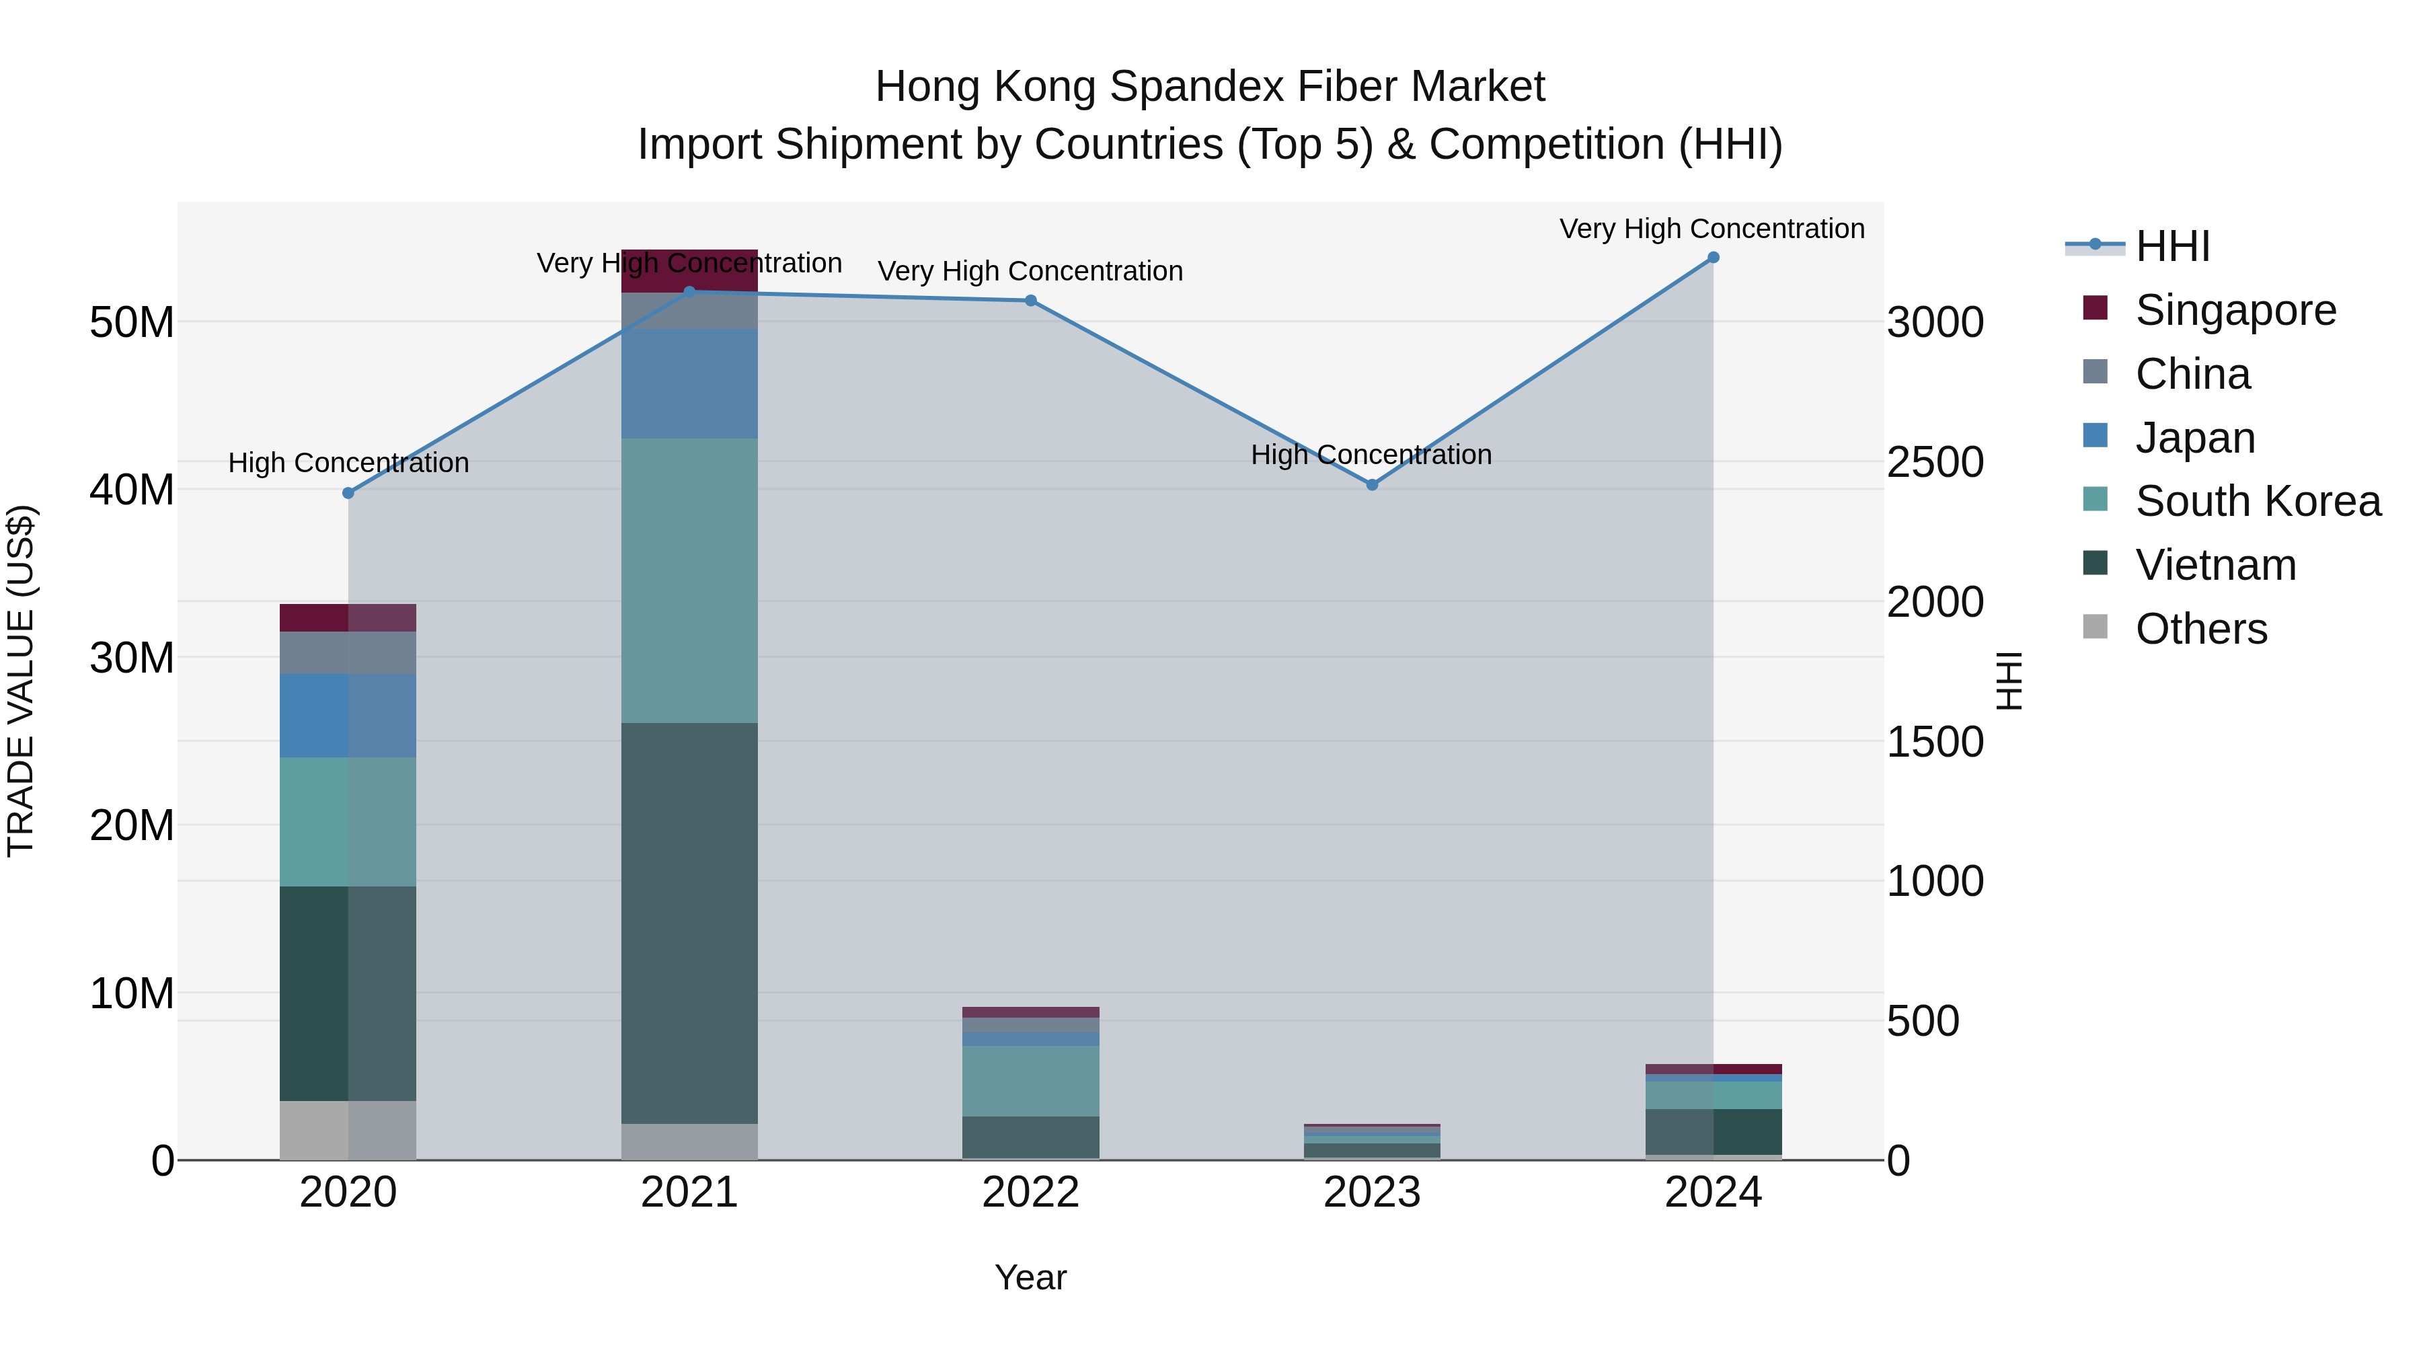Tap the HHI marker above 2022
click(x=1030, y=301)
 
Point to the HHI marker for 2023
click(x=1371, y=485)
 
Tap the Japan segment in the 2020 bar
click(x=348, y=716)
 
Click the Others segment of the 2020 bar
click(x=348, y=1130)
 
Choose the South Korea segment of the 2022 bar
click(x=1030, y=1081)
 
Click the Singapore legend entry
click(x=2235, y=310)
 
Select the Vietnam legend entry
click(x=2215, y=565)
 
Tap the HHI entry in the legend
click(x=2172, y=246)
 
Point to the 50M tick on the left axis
click(x=132, y=322)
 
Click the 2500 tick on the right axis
click(x=1935, y=463)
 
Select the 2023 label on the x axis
click(x=1371, y=1193)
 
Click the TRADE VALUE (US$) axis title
click(x=21, y=681)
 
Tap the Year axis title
click(x=1030, y=1277)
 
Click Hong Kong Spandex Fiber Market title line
click(x=1210, y=87)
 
